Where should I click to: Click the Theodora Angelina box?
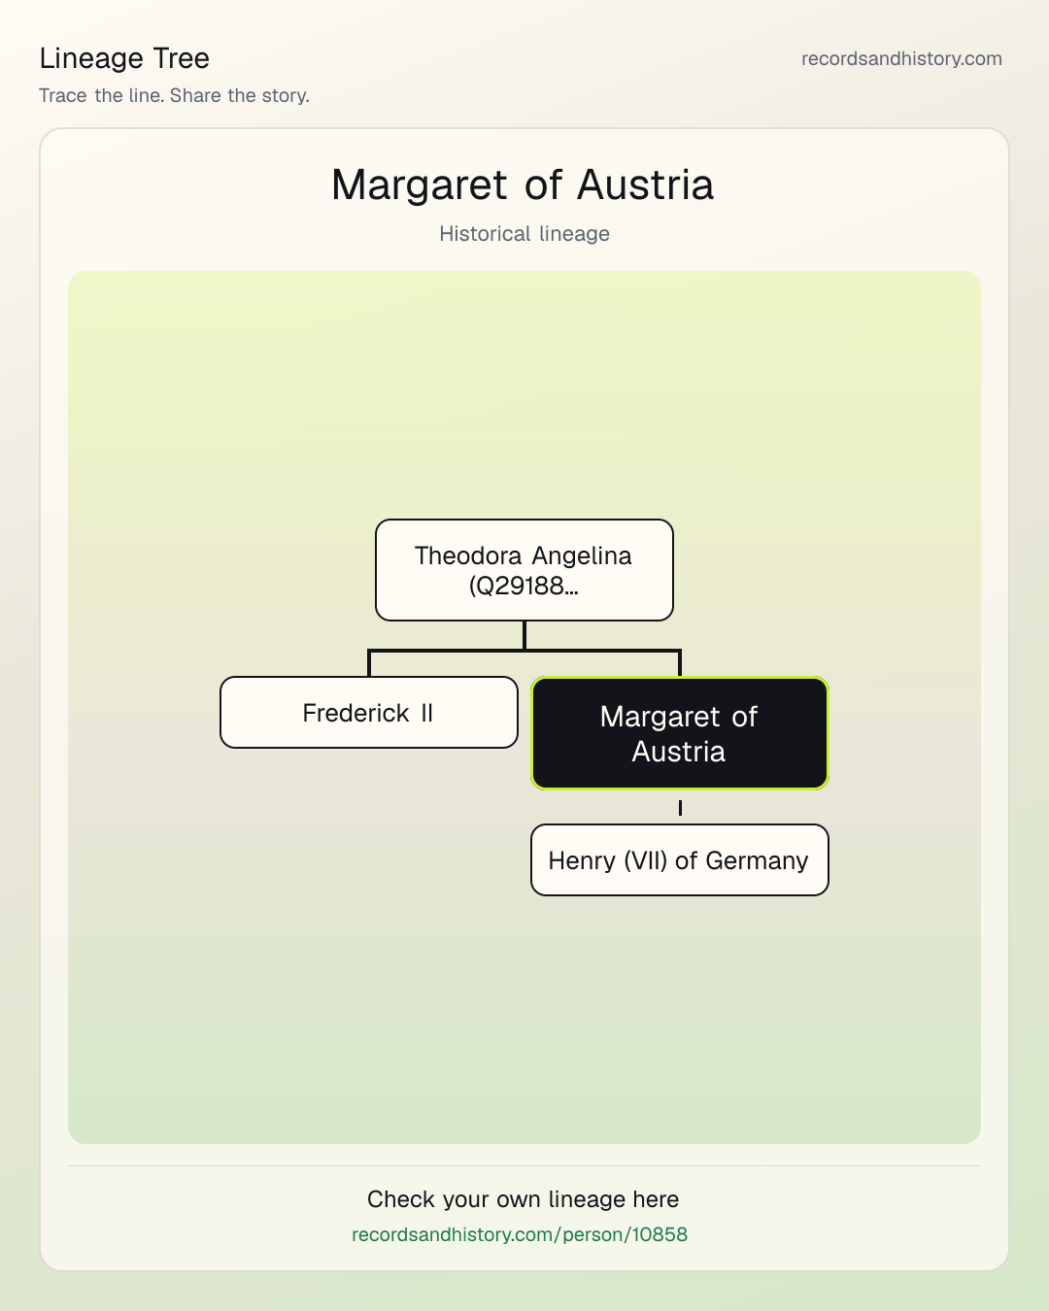(524, 570)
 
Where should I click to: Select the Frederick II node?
(369, 712)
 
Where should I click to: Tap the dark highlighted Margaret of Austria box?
(680, 733)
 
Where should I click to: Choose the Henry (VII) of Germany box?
(680, 860)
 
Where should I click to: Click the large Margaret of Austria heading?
(523, 185)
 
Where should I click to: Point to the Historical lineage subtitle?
(524, 234)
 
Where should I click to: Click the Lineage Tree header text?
(124, 58)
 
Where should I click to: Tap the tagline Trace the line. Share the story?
(174, 95)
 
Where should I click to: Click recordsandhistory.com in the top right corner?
(901, 58)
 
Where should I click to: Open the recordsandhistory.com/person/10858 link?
(520, 1234)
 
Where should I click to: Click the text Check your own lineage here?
(523, 1199)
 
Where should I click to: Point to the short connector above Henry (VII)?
(680, 808)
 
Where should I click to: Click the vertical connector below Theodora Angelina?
(524, 635)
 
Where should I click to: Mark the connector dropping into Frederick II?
(369, 663)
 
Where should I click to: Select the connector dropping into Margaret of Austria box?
(680, 663)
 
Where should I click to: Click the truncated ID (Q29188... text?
(524, 586)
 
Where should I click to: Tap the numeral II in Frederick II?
(426, 713)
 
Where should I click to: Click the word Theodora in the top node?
(468, 555)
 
